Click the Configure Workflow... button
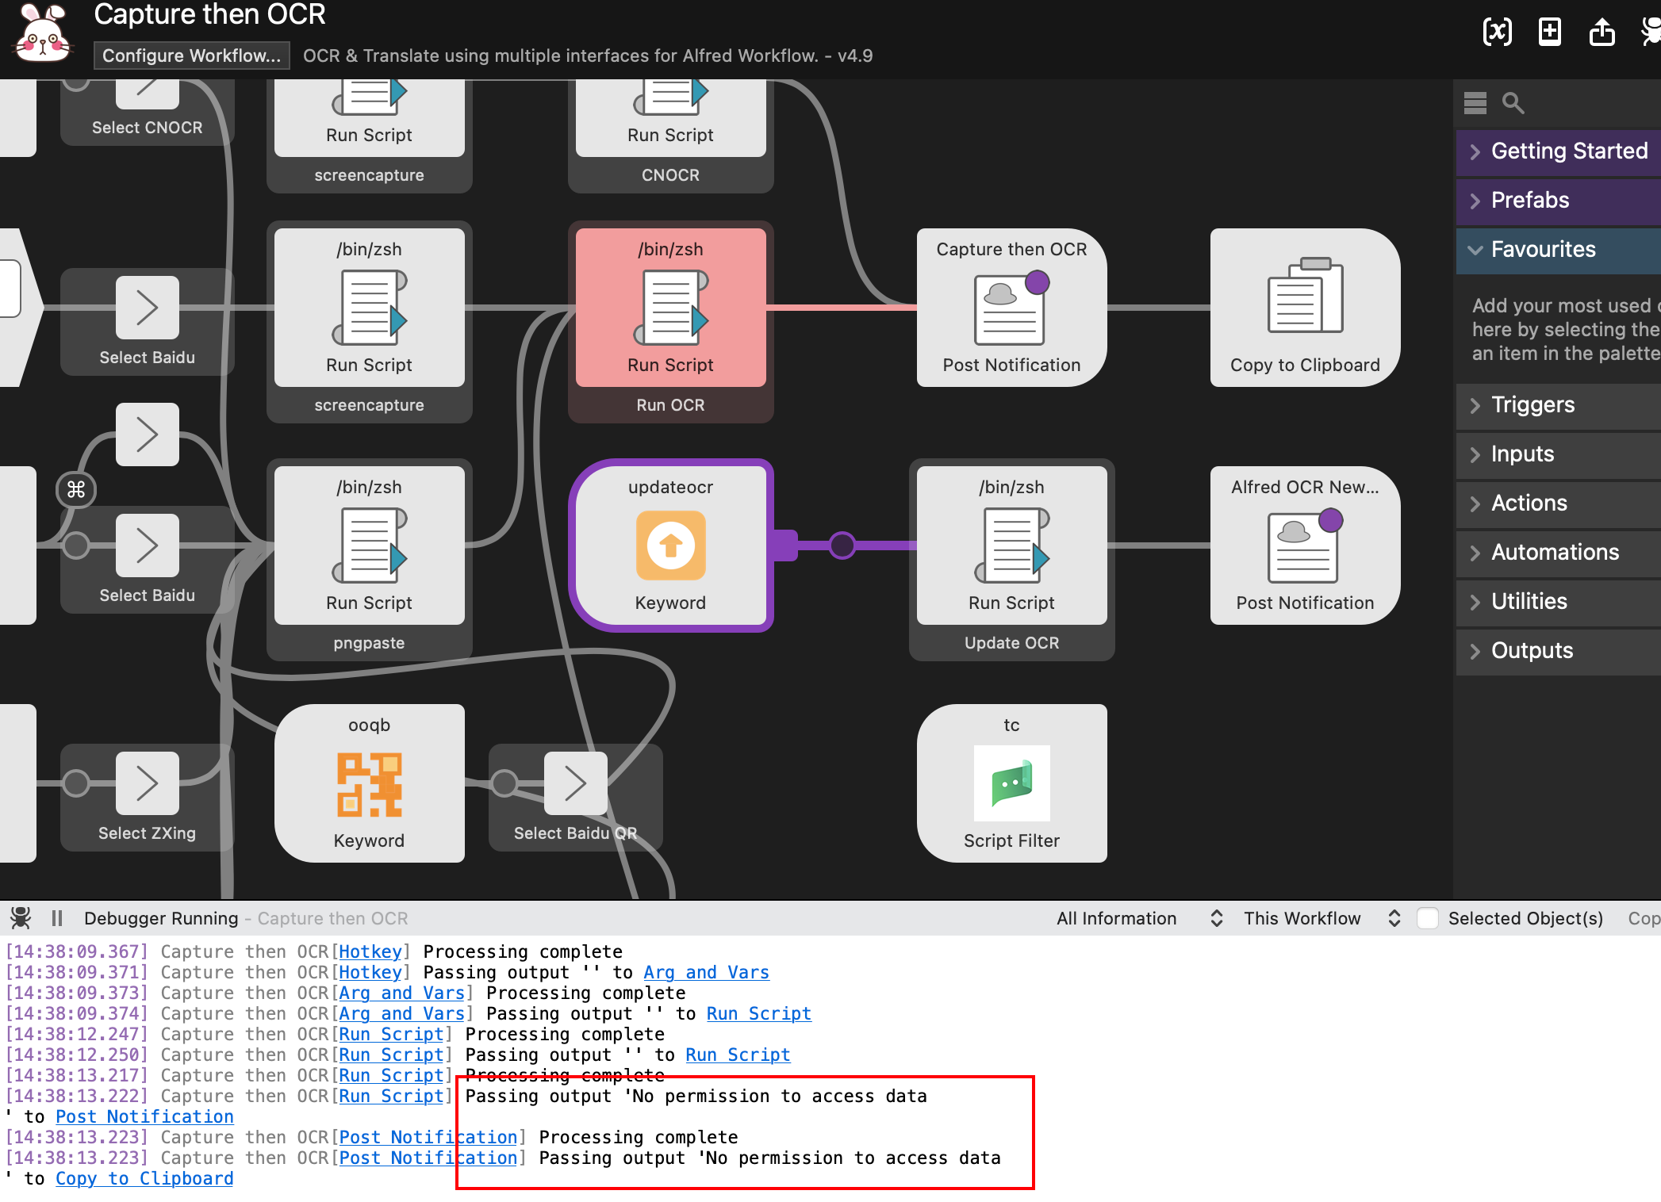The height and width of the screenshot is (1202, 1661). tap(191, 56)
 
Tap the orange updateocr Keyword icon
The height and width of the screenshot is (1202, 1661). tap(670, 545)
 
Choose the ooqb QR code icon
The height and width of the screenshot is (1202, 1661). tap(369, 784)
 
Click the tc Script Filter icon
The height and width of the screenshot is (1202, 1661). tap(1011, 783)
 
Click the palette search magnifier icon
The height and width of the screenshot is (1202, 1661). tap(1513, 103)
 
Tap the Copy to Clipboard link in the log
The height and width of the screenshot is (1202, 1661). tap(144, 1179)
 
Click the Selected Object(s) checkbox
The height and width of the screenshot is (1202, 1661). tap(1428, 918)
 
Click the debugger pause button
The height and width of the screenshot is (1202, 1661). tap(57, 918)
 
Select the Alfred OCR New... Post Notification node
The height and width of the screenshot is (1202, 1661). tap(1305, 545)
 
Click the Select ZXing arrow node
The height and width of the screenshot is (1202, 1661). tap(148, 783)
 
